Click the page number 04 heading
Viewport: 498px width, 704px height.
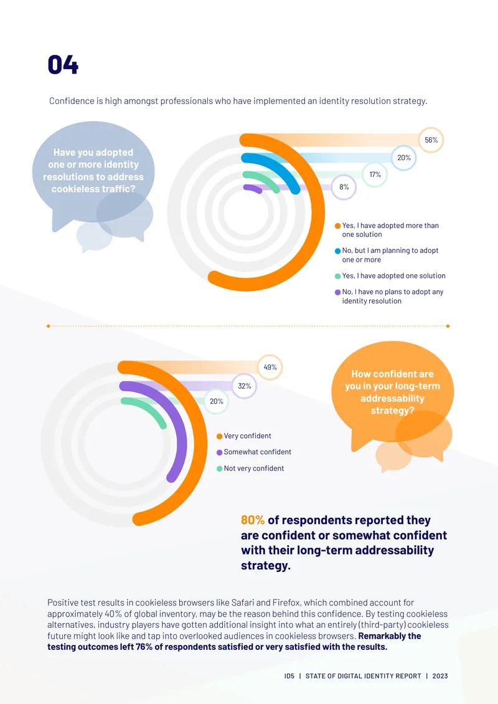63,65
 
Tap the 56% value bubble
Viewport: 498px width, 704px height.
431,140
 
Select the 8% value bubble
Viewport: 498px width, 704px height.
344,187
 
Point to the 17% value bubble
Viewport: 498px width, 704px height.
375,174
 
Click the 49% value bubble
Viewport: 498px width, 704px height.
270,368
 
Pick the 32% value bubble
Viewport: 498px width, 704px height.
245,386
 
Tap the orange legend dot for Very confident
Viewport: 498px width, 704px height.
219,436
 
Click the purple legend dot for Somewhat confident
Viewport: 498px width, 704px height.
219,452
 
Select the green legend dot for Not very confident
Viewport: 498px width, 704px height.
219,469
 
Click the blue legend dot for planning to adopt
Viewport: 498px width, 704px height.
338,251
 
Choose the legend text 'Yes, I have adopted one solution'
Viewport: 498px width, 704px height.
394,275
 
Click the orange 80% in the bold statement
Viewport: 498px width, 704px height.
253,520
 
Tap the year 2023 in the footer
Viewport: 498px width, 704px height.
440,676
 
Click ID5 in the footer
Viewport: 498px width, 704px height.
289,676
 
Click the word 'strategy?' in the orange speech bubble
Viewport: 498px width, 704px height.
393,411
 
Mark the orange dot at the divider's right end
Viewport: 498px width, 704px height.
448,326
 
